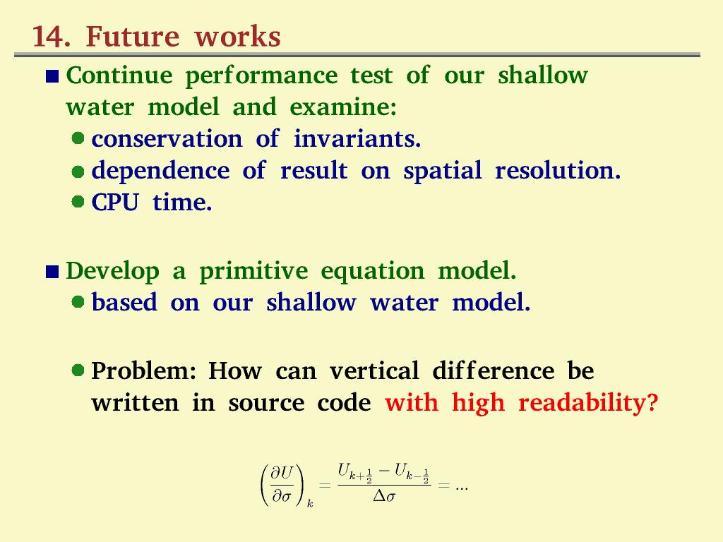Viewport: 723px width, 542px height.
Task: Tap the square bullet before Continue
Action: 52,77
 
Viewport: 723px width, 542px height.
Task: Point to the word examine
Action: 342,108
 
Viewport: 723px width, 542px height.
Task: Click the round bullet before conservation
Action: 79,138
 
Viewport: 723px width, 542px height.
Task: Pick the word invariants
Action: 357,139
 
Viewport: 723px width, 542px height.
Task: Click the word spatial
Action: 441,171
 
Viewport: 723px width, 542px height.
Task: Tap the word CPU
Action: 115,203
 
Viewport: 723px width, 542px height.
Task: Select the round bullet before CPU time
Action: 79,203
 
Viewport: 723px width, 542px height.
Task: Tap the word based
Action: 124,303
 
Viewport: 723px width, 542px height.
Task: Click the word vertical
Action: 374,371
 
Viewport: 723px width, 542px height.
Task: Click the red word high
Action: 477,404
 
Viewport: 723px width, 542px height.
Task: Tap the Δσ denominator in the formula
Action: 383,497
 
